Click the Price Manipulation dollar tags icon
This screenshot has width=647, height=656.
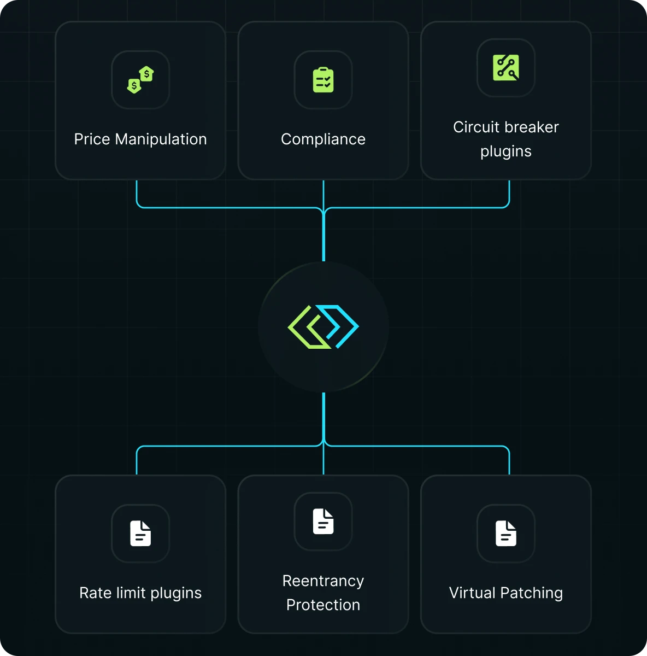coord(140,80)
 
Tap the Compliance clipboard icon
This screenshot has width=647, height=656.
coord(323,80)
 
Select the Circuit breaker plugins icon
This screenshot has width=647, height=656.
coord(505,68)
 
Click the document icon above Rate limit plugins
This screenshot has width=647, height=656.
coord(140,534)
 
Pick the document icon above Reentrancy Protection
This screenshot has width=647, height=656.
coord(323,522)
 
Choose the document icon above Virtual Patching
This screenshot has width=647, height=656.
coord(505,534)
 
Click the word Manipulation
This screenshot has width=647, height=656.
coord(161,139)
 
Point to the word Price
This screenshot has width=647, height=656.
coord(92,139)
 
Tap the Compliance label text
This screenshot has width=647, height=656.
coord(323,139)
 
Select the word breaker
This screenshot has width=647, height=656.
coord(532,127)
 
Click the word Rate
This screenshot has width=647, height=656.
coord(96,593)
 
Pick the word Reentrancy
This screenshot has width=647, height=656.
coord(323,581)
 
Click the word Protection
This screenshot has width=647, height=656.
coord(323,605)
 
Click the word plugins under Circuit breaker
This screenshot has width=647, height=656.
coord(505,151)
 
